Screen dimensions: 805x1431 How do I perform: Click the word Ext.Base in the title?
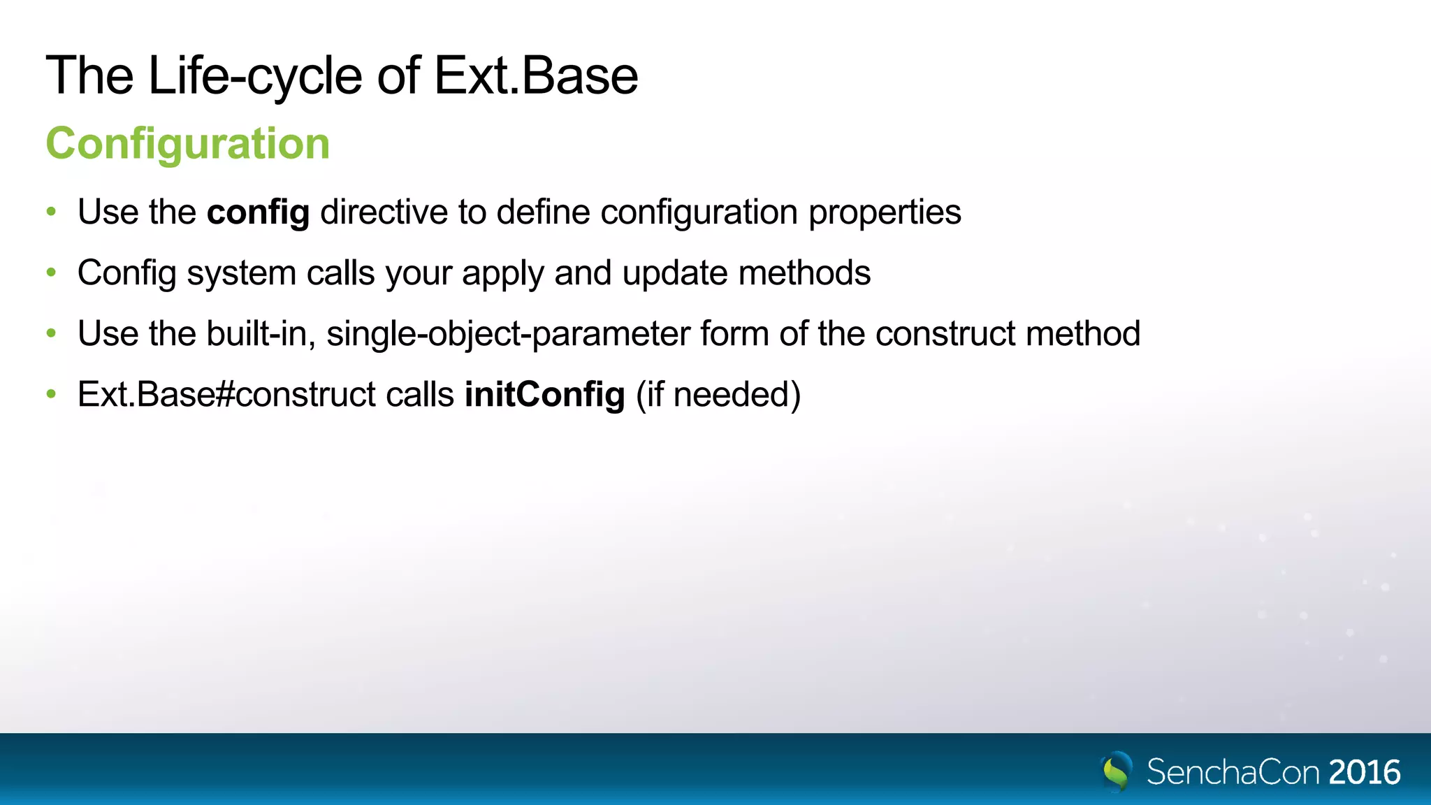(536, 75)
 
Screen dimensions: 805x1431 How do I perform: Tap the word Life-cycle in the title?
(255, 75)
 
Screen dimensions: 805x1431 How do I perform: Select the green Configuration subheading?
(187, 143)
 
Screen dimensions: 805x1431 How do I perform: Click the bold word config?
(258, 212)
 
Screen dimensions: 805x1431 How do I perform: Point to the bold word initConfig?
(544, 395)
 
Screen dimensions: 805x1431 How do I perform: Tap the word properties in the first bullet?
(884, 212)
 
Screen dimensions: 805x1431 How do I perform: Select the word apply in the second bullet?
(502, 273)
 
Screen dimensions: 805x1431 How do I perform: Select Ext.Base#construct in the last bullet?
(226, 395)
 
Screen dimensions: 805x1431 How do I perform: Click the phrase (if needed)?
(718, 395)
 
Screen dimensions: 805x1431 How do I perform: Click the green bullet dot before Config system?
(51, 273)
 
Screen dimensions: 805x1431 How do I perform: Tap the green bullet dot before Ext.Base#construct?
(51, 395)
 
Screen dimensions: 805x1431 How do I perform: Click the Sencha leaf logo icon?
(1117, 771)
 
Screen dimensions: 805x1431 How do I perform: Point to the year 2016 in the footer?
(1364, 772)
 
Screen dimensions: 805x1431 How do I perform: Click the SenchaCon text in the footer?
(1233, 772)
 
